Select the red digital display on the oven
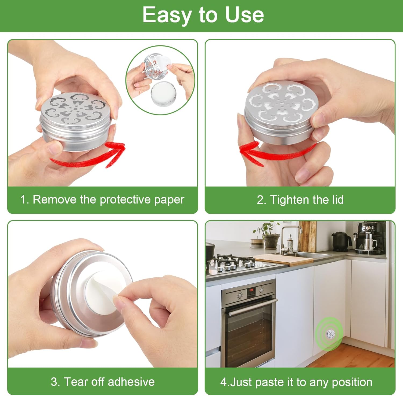pyautogui.click(x=251, y=290)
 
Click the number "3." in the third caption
pyautogui.click(x=55, y=382)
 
